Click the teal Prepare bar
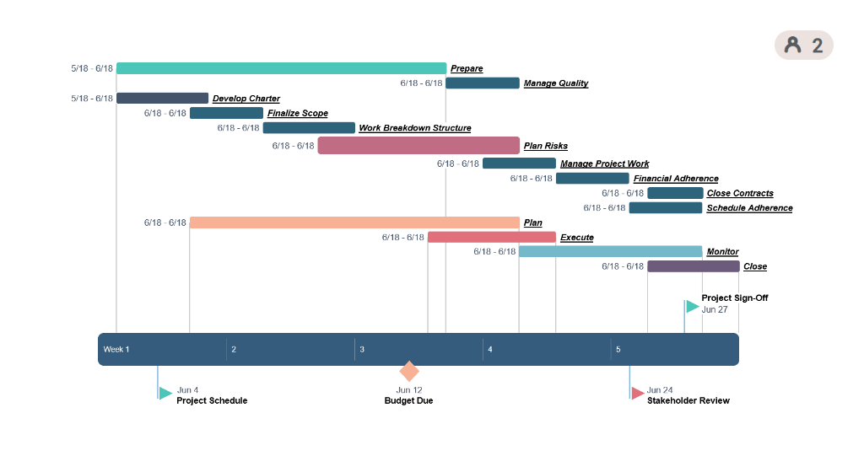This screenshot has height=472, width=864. pyautogui.click(x=281, y=68)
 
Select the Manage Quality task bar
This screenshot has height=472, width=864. pyautogui.click(x=483, y=83)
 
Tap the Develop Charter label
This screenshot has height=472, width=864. pyautogui.click(x=246, y=99)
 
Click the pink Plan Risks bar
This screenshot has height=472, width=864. pyautogui.click(x=418, y=146)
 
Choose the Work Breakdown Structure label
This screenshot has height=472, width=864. pyautogui.click(x=414, y=128)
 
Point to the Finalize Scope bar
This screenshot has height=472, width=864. pyautogui.click(x=226, y=113)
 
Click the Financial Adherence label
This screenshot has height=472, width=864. pyautogui.click(x=676, y=179)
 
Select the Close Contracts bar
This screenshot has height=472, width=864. pyautogui.click(x=675, y=193)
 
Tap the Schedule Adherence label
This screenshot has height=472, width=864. pyautogui.click(x=749, y=208)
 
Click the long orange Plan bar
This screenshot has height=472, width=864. pyautogui.click(x=354, y=223)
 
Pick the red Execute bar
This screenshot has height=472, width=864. pyautogui.click(x=492, y=238)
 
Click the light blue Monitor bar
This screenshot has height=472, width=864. pyautogui.click(x=610, y=251)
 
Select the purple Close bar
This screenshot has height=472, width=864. pyautogui.click(x=693, y=266)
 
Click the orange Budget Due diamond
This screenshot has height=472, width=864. pyautogui.click(x=409, y=372)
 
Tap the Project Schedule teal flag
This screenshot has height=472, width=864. pyautogui.click(x=165, y=394)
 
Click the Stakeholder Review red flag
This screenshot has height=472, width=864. pyautogui.click(x=638, y=394)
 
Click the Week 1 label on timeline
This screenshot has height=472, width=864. pyautogui.click(x=116, y=350)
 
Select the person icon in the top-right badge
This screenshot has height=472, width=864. pyautogui.click(x=792, y=46)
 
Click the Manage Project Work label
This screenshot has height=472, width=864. pyautogui.click(x=604, y=164)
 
